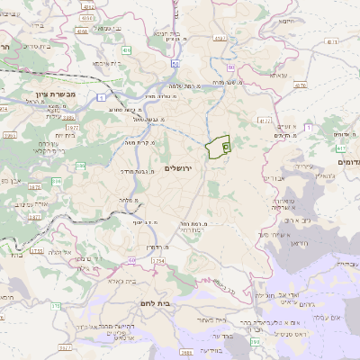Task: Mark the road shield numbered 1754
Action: click(159, 261)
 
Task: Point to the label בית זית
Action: click(49, 135)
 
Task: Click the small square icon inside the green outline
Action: click(225, 144)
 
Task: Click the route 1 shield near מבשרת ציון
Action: click(102, 96)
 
